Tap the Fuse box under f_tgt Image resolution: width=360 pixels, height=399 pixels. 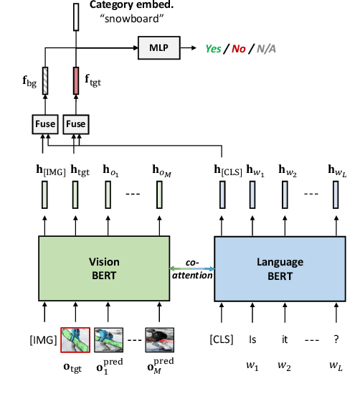[x=75, y=124]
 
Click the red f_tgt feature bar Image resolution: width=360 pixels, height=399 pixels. [x=75, y=79]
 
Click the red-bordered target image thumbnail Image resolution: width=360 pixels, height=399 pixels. [x=75, y=339]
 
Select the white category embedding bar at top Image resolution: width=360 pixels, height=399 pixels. [x=75, y=16]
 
